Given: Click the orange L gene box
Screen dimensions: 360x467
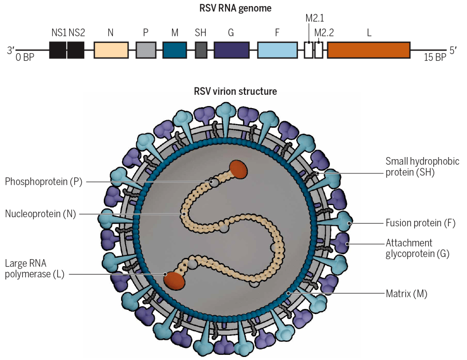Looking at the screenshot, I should (368, 50).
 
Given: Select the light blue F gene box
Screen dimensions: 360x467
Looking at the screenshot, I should (277, 50).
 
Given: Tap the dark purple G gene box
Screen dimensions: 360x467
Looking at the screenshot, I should (231, 50).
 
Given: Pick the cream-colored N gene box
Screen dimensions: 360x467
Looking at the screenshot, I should (111, 50).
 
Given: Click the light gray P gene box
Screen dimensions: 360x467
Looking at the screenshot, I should (146, 50).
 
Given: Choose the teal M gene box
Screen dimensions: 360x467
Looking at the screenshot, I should (175, 50).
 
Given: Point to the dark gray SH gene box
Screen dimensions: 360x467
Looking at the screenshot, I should (201, 50).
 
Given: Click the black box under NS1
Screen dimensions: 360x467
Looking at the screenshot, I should (58, 50).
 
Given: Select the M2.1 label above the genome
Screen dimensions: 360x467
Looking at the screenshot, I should (314, 19).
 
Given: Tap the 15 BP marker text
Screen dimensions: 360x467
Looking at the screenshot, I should (434, 58).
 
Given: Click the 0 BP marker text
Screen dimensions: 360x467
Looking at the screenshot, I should (25, 58).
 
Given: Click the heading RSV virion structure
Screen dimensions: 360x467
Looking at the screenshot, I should (236, 92).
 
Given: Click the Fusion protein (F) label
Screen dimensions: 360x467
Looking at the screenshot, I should (419, 223).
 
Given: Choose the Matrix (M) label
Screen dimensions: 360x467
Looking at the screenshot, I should (406, 294).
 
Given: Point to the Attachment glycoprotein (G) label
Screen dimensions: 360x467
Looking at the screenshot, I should (417, 248).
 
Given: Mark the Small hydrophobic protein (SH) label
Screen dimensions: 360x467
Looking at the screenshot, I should (422, 167).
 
